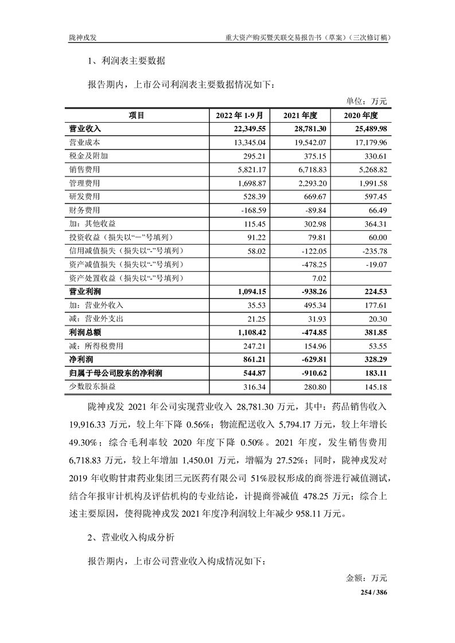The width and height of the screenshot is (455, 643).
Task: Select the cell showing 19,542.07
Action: coord(310,143)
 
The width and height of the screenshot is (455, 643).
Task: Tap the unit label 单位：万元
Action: coord(367,101)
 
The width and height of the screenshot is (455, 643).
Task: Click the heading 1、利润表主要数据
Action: coord(126,60)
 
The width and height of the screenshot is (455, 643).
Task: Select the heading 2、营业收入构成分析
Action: coord(135,538)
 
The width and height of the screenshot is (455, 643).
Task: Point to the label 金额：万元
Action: coord(367,578)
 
